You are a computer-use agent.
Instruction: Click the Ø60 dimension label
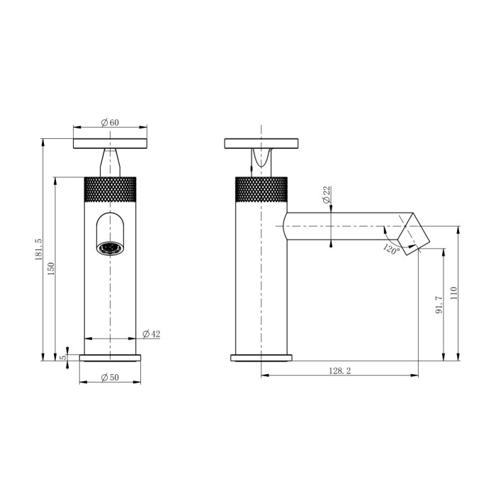coord(110,123)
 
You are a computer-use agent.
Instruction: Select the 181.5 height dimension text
coord(38,249)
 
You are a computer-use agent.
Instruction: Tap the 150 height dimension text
coord(51,269)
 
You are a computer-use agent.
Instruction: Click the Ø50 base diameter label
coord(110,378)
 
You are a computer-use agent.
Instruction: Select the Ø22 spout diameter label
coord(327,196)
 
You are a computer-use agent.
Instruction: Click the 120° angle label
coord(391,249)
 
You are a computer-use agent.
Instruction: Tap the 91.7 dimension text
coord(439,305)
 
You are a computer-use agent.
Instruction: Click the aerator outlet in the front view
coord(111,248)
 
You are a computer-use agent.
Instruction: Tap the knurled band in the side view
coord(261,189)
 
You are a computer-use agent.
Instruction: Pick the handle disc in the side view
coord(261,143)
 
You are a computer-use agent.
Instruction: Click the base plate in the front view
coord(110,358)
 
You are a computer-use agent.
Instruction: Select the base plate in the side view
coord(263,357)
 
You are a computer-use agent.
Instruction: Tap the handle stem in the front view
coord(111,162)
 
